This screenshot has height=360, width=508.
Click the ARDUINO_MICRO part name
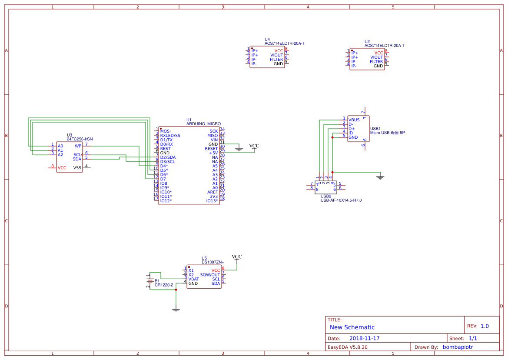click(203, 124)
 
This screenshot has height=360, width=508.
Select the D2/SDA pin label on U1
click(168, 157)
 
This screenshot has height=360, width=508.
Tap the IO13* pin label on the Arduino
click(212, 201)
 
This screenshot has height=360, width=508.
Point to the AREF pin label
click(212, 192)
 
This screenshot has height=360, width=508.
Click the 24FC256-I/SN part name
click(80, 139)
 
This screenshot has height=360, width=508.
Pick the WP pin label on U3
click(78, 146)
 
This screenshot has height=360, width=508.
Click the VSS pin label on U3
click(77, 168)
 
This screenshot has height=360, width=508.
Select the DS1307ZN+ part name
click(212, 262)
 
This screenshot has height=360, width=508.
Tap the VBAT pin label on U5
click(194, 279)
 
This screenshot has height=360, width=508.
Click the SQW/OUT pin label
click(210, 275)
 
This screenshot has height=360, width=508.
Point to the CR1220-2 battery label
click(164, 285)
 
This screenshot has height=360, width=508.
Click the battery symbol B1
click(149, 281)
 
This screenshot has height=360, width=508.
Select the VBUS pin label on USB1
click(354, 120)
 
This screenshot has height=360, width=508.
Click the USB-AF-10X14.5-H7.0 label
click(341, 200)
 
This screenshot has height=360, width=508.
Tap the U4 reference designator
click(267, 40)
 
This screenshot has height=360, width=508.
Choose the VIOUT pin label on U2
click(376, 57)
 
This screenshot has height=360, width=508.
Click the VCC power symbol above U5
click(237, 258)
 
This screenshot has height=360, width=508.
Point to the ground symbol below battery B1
click(176, 310)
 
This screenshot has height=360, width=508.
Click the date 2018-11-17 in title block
click(364, 338)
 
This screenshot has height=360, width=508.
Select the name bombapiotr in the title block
click(458, 347)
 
